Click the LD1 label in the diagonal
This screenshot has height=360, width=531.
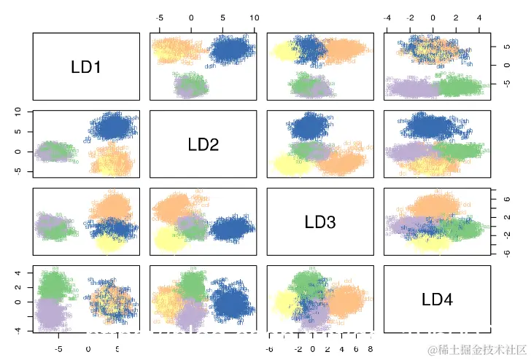pos(87,67)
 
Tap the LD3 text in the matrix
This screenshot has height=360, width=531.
pos(319,222)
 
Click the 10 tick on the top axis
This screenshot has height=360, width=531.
pos(253,17)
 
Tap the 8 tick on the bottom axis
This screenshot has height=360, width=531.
pos(370,350)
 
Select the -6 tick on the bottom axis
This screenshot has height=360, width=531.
pos(268,350)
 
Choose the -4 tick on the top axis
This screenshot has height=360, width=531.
pos(387,17)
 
